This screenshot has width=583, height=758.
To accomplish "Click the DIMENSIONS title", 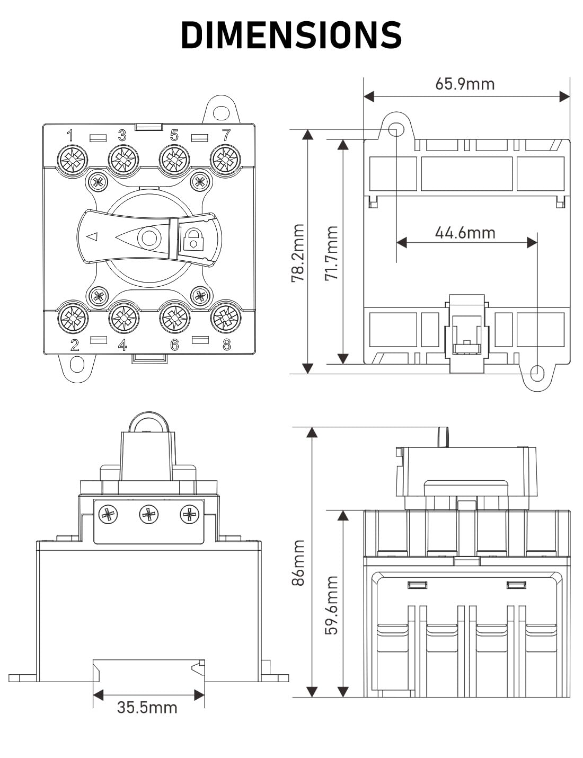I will pos(291,35).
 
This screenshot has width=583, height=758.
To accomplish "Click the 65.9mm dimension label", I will pos(465,84).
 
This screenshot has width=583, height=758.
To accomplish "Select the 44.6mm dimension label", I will pos(465,233).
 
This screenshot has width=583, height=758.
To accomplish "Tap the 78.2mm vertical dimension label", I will pos(298,253).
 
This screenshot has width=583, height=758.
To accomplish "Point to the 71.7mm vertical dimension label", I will pos(331,253).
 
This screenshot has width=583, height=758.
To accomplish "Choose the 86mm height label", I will pos(298,562).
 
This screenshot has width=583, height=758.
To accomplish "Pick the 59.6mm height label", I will pos(331,605).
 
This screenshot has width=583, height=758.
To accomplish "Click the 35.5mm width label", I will pos(147,707).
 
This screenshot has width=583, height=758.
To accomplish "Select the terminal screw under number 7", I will pos(225,158).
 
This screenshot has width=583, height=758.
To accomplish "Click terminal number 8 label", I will pos(226,345).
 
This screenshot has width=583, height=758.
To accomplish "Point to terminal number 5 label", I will pos(174,135).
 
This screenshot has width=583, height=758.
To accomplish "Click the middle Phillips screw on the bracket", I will pos(148,514).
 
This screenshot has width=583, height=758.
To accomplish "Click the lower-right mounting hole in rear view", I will pos(537,373).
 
